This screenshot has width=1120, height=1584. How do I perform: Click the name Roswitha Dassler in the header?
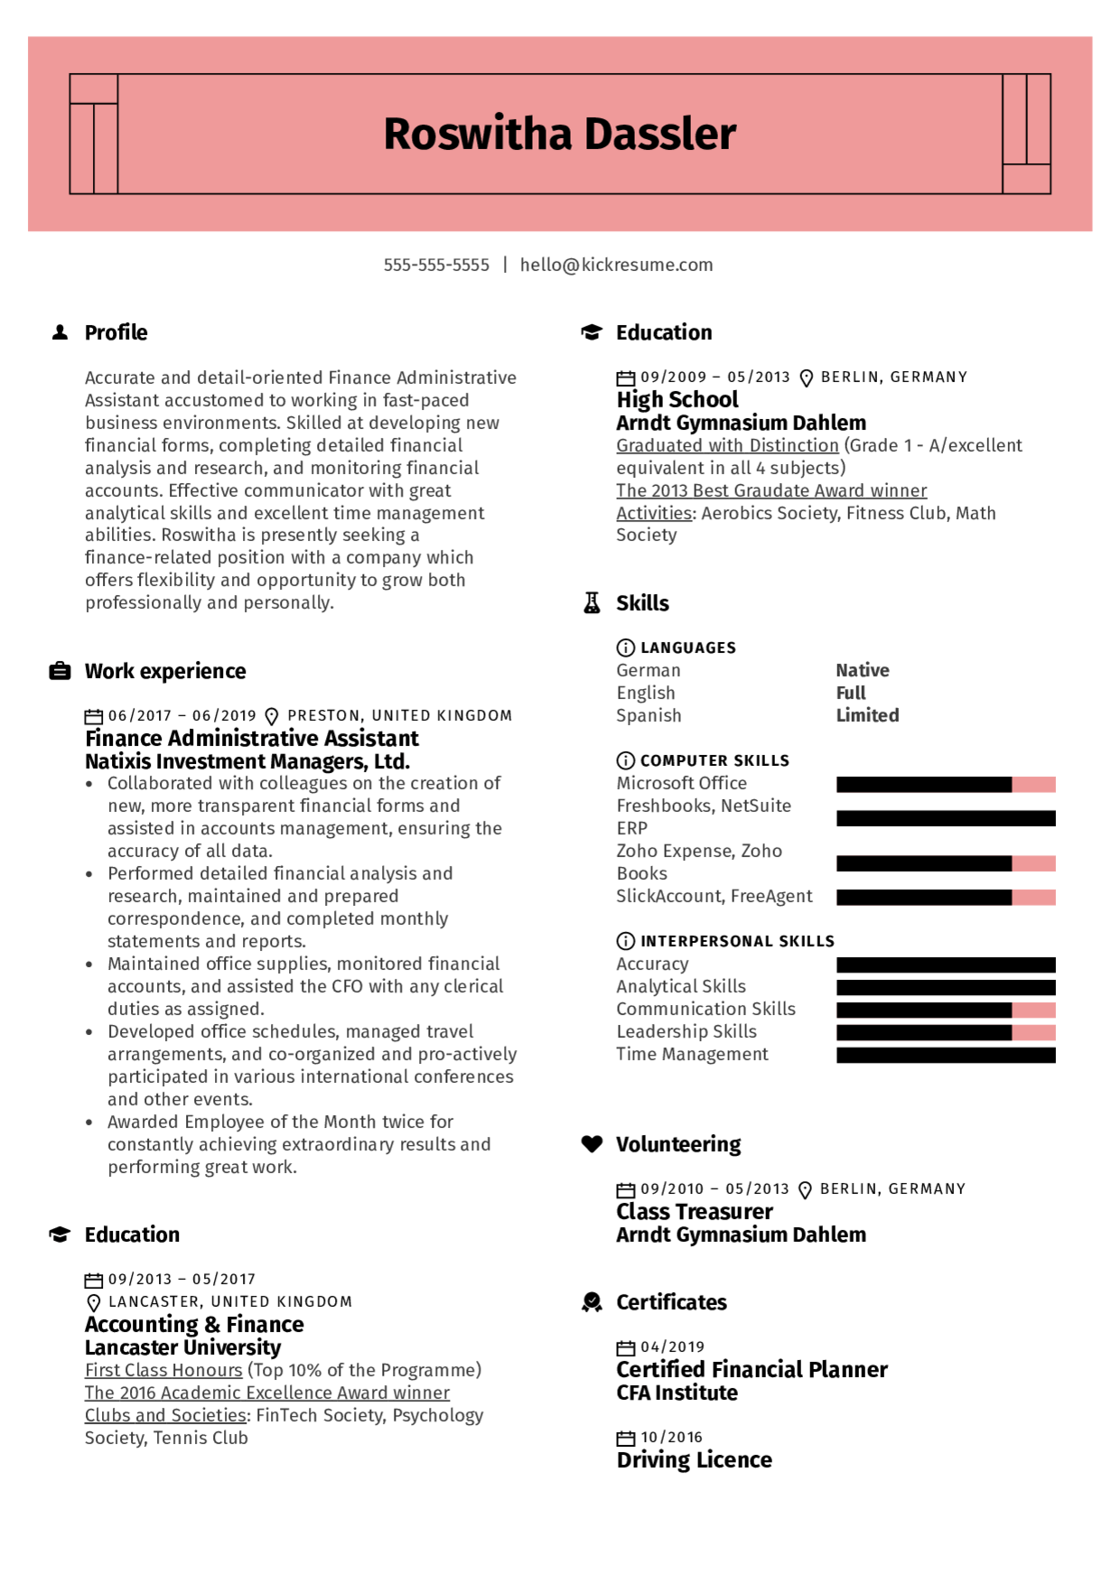[x=560, y=134]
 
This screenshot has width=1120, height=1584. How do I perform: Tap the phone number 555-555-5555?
[x=436, y=265]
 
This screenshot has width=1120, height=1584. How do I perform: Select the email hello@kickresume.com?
[x=616, y=265]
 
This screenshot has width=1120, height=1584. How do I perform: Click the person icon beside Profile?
[x=61, y=332]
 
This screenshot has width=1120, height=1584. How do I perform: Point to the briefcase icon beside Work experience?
[x=61, y=671]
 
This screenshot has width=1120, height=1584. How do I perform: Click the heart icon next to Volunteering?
[x=592, y=1144]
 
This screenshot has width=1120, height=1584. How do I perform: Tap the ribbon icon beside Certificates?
[x=592, y=1302]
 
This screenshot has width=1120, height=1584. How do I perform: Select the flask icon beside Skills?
[x=592, y=603]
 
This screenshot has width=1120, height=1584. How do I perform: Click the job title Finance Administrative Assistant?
[x=252, y=739]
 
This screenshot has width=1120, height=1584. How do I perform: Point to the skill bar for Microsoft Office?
[x=946, y=784]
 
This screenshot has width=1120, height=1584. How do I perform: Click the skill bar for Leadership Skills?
[x=946, y=1032]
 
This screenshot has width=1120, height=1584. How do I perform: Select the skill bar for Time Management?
[x=946, y=1055]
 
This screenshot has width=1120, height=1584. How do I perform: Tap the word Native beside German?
[x=863, y=670]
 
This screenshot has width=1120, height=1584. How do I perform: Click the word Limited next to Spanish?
[x=867, y=715]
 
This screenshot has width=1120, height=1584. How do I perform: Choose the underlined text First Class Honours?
[x=163, y=1370]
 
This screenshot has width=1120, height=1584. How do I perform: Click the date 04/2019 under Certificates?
[x=672, y=1347]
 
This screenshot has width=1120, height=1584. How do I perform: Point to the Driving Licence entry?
[x=694, y=1460]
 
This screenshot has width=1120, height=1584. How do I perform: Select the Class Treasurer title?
[x=694, y=1212]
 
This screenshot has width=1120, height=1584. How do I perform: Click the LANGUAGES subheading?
[x=687, y=648]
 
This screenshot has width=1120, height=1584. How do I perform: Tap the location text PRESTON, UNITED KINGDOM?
[x=399, y=715]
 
